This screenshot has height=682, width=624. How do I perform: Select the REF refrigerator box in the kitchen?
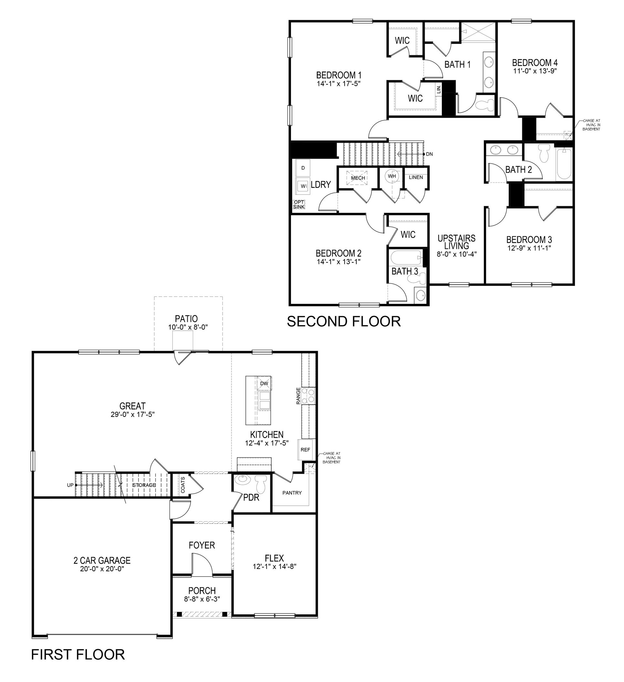coord(305,449)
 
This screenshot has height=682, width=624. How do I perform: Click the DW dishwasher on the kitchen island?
coord(264,383)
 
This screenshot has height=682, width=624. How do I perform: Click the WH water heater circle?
coord(391,176)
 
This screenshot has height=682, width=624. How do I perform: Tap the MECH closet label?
coord(358,178)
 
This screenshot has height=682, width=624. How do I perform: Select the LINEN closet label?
coord(416,177)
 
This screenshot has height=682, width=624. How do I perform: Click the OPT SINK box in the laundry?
coord(299,204)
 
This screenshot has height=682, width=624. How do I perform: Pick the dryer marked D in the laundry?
coord(303,168)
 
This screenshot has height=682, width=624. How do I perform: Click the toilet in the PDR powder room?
coord(261,485)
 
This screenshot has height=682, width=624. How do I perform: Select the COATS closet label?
coord(183,485)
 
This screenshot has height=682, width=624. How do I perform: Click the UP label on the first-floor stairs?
coord(70,485)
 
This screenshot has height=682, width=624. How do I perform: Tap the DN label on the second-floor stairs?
coord(429,154)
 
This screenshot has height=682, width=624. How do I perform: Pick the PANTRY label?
coord(292,492)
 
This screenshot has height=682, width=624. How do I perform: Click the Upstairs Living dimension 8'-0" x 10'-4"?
coord(456,254)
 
